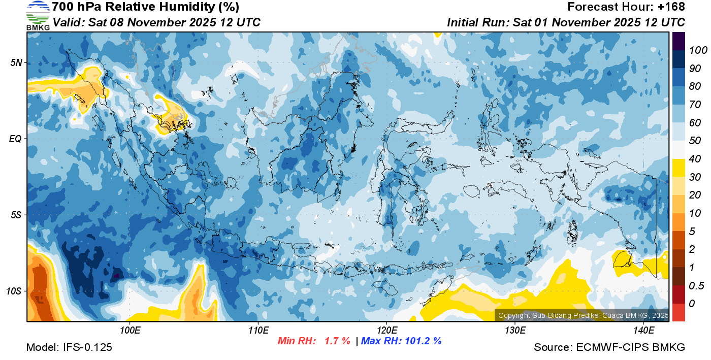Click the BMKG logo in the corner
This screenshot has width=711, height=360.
pos(38,15)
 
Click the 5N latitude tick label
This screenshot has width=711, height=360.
pos(17,62)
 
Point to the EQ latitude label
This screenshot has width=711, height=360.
pos(16,139)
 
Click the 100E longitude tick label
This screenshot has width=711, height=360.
pos(130,331)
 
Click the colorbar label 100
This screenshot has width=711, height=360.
pos(695,50)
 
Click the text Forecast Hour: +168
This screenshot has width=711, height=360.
pos(626,7)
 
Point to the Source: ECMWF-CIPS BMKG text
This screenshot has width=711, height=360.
pos(609,347)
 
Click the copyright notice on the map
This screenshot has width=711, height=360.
pos(583,315)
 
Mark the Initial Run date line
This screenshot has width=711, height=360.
pos(566,22)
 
